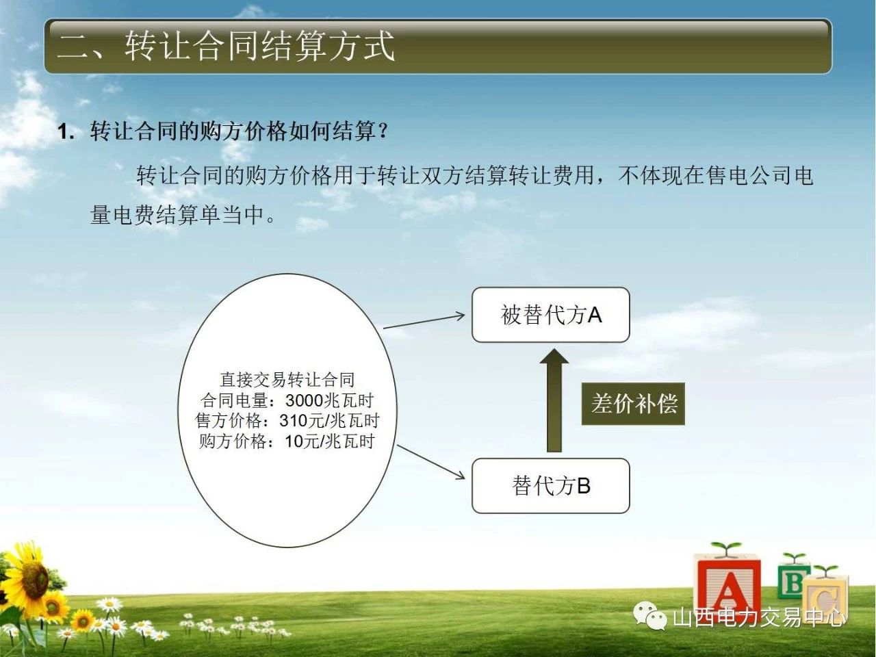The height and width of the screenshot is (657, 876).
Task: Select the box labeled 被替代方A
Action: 551,315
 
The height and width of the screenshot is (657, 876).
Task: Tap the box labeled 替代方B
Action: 551,486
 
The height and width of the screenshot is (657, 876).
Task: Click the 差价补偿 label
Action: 633,404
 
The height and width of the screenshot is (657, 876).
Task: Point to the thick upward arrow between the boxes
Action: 554,400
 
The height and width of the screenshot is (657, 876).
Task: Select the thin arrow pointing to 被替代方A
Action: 424,322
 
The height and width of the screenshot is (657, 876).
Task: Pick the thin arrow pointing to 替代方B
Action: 431,463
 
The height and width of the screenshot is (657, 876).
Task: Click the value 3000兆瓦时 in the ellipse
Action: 330,400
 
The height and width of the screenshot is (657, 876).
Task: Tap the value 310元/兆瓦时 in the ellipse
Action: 330,421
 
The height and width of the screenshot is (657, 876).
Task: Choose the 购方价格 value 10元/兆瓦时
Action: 330,441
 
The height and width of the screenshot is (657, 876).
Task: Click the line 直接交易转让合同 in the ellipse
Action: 287,380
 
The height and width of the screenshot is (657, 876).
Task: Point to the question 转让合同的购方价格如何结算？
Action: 240,131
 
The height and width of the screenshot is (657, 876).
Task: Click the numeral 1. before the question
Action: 66,131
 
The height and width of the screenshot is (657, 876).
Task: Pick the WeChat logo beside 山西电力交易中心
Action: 649,616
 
